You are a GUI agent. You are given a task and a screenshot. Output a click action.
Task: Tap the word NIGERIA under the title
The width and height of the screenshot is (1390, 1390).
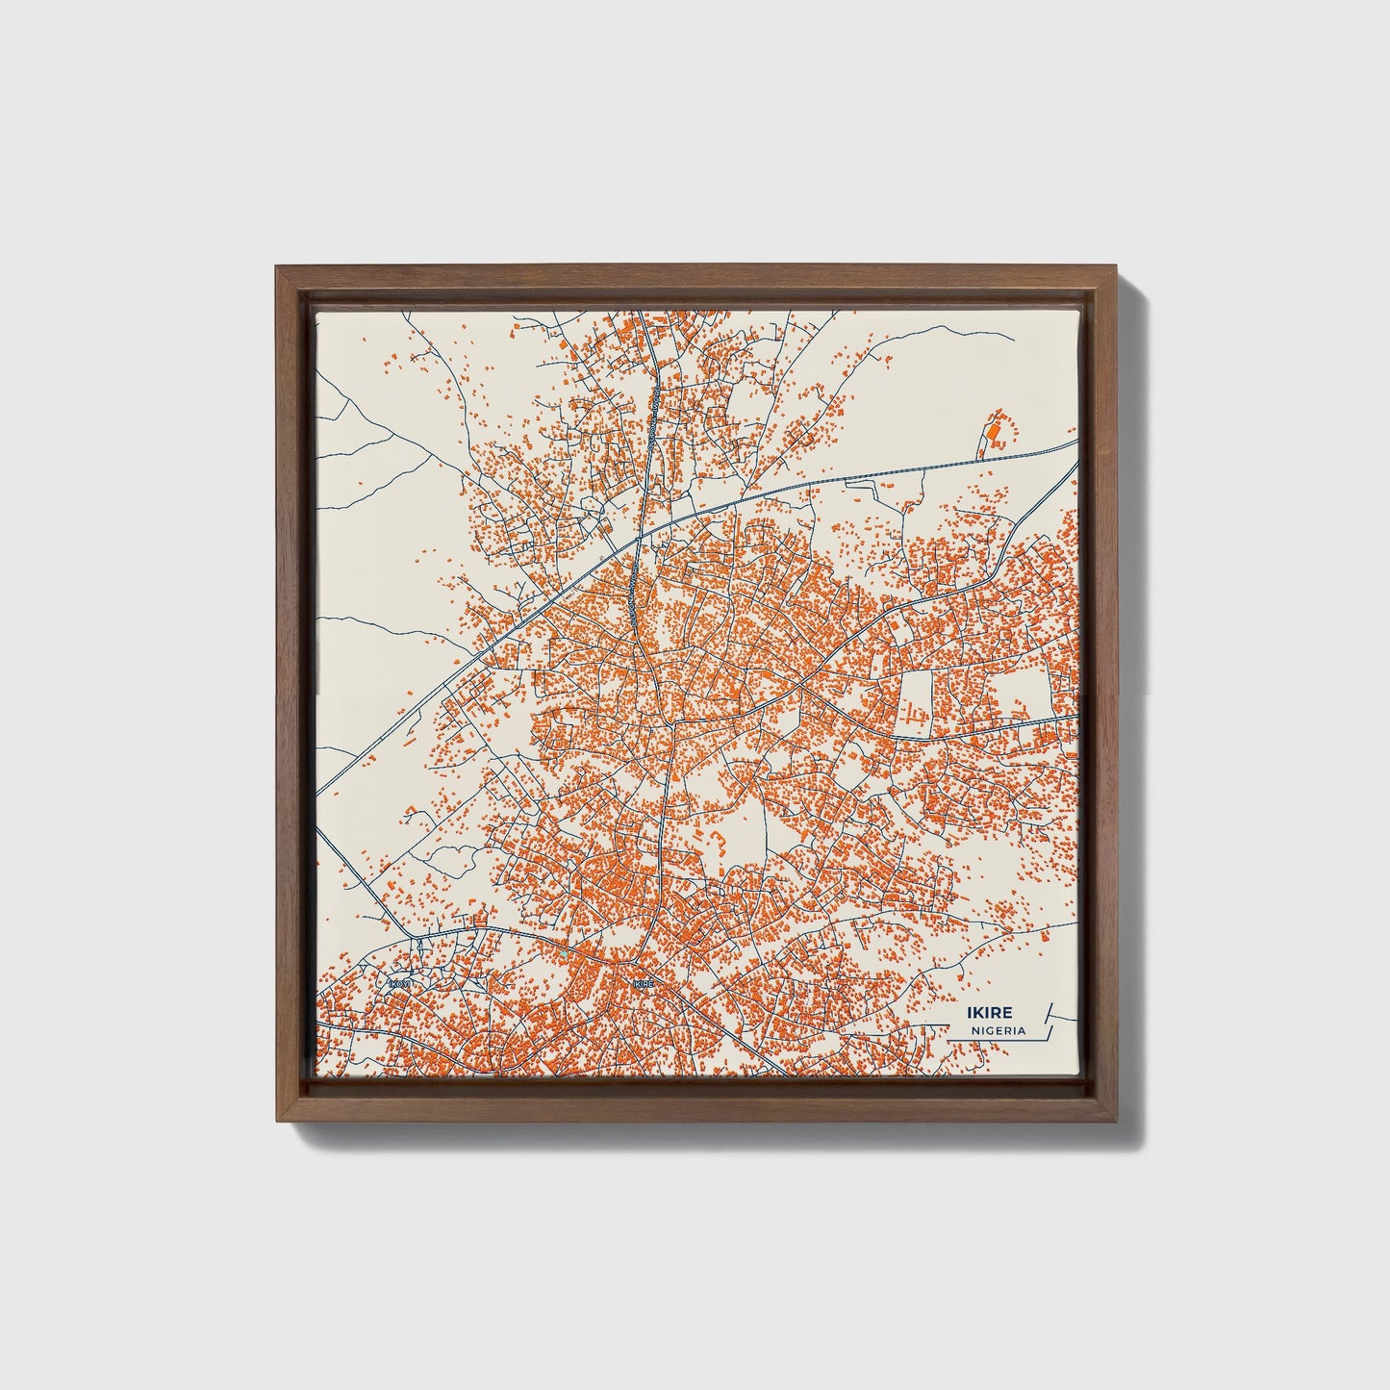(x=998, y=1030)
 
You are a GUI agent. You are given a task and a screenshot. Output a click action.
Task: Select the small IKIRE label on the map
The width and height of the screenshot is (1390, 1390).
(x=644, y=984)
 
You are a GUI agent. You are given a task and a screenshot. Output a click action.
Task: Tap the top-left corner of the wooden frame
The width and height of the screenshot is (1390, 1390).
(x=276, y=265)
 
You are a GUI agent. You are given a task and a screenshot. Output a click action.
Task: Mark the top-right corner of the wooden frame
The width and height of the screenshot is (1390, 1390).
(x=1116, y=265)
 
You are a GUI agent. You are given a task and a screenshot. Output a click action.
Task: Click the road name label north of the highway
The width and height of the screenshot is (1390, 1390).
(x=649, y=414)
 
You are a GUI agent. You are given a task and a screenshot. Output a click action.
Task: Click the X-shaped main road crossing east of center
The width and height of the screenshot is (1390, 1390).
(x=800, y=689)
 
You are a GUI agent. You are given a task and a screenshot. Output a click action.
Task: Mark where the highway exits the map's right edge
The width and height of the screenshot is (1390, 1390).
(x=1076, y=442)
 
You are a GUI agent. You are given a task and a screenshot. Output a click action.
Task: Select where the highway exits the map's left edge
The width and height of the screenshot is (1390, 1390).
(x=317, y=795)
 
